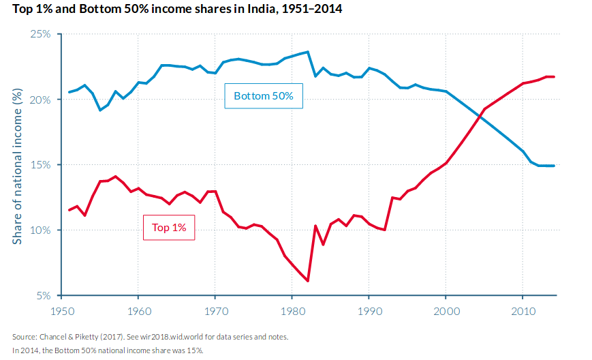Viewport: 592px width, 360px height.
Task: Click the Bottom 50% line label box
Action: (263, 96)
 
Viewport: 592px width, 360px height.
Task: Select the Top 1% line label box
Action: (169, 228)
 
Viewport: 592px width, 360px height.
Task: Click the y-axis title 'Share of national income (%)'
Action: (18, 164)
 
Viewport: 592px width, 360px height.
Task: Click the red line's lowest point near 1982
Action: (308, 281)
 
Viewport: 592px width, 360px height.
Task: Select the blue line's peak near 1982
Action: (308, 52)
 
